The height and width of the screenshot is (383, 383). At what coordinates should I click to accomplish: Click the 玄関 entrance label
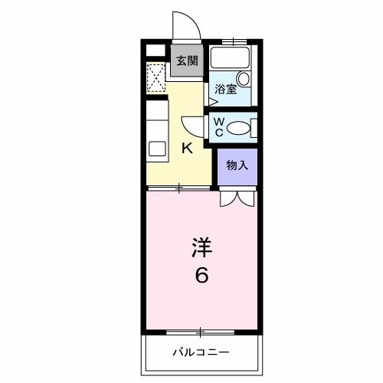(187, 62)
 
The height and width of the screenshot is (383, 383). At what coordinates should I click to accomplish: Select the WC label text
(218, 127)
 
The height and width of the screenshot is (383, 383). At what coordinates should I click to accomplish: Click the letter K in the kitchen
(186, 149)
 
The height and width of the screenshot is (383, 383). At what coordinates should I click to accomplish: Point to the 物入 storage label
(237, 165)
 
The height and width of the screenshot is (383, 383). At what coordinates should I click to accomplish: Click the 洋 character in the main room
(201, 247)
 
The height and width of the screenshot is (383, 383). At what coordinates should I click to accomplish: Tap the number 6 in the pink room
(201, 274)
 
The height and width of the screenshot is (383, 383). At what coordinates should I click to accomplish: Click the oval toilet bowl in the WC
(240, 128)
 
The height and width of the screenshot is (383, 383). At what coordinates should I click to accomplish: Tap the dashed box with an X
(156, 77)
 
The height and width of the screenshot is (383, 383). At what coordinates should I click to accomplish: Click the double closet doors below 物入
(237, 198)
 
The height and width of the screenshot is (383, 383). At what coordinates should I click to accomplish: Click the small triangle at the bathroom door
(211, 100)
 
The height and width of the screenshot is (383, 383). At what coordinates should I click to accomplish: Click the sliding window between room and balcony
(201, 332)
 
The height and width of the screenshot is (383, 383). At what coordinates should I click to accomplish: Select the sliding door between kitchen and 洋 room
(179, 187)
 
